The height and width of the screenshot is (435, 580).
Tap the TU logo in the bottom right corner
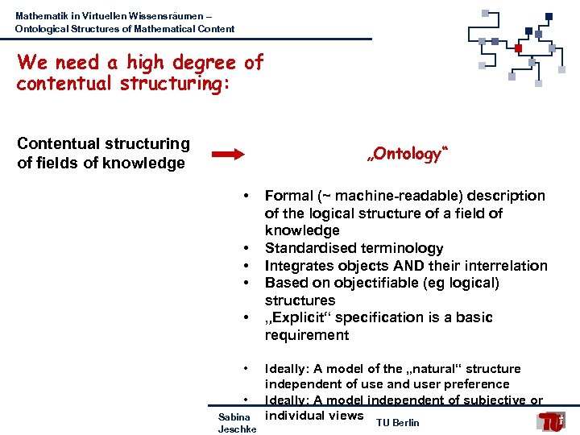point(553,420)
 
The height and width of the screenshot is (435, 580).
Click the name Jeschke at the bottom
point(237,429)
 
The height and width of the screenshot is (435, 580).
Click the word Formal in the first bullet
point(289,196)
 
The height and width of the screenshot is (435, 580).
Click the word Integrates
point(298,266)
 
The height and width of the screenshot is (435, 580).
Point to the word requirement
point(307,335)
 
